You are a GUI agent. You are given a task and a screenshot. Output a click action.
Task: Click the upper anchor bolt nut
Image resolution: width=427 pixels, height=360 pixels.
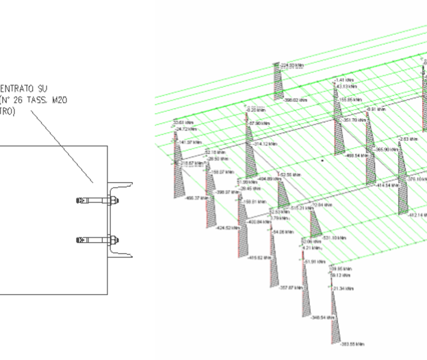click(113, 201)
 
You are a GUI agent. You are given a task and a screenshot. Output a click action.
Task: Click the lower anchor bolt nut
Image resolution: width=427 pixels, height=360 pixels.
click(113, 239)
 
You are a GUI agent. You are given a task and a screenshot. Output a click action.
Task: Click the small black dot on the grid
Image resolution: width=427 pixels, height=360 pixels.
click(322, 161)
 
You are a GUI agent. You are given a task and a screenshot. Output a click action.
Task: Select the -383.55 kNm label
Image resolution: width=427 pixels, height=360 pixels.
click(353, 344)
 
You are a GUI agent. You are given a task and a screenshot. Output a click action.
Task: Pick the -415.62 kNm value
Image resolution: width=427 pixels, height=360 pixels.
click(259, 257)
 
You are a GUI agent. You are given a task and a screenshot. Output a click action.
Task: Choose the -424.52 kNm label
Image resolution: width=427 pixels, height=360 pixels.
click(227, 228)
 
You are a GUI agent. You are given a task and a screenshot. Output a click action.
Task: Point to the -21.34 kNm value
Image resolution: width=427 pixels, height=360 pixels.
click(343, 288)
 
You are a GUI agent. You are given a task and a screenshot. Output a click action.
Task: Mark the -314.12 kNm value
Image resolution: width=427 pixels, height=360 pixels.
click(265, 143)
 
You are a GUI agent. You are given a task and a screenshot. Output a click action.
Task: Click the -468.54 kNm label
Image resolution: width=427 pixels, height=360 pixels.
click(358, 155)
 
